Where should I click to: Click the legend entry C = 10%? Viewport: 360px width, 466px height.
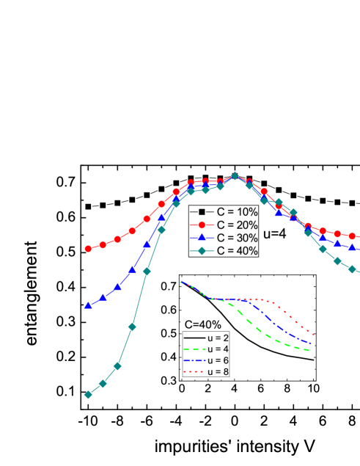(x=236, y=212)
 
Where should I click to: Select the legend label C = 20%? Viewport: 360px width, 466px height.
(x=236, y=225)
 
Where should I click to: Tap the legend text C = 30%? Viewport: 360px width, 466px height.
(x=236, y=239)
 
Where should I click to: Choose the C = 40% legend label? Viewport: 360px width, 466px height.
(x=236, y=252)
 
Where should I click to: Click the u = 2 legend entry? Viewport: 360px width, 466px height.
(x=218, y=338)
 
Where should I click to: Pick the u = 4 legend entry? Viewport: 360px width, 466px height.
(x=218, y=349)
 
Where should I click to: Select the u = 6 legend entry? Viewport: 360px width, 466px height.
(x=218, y=360)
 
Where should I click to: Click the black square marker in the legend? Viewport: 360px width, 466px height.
(x=202, y=212)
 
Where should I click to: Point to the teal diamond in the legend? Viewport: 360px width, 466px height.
(x=202, y=252)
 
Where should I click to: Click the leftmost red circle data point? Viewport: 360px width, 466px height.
(x=88, y=249)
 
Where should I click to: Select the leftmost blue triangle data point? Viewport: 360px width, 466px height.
(x=88, y=305)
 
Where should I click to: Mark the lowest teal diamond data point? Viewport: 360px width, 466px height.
(x=88, y=395)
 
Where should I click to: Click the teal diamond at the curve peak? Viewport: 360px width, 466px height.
(x=235, y=176)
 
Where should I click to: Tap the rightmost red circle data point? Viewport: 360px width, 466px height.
(x=352, y=236)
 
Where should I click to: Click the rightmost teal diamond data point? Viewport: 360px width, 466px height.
(x=352, y=269)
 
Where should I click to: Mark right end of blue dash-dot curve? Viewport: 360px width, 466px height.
(x=312, y=343)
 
